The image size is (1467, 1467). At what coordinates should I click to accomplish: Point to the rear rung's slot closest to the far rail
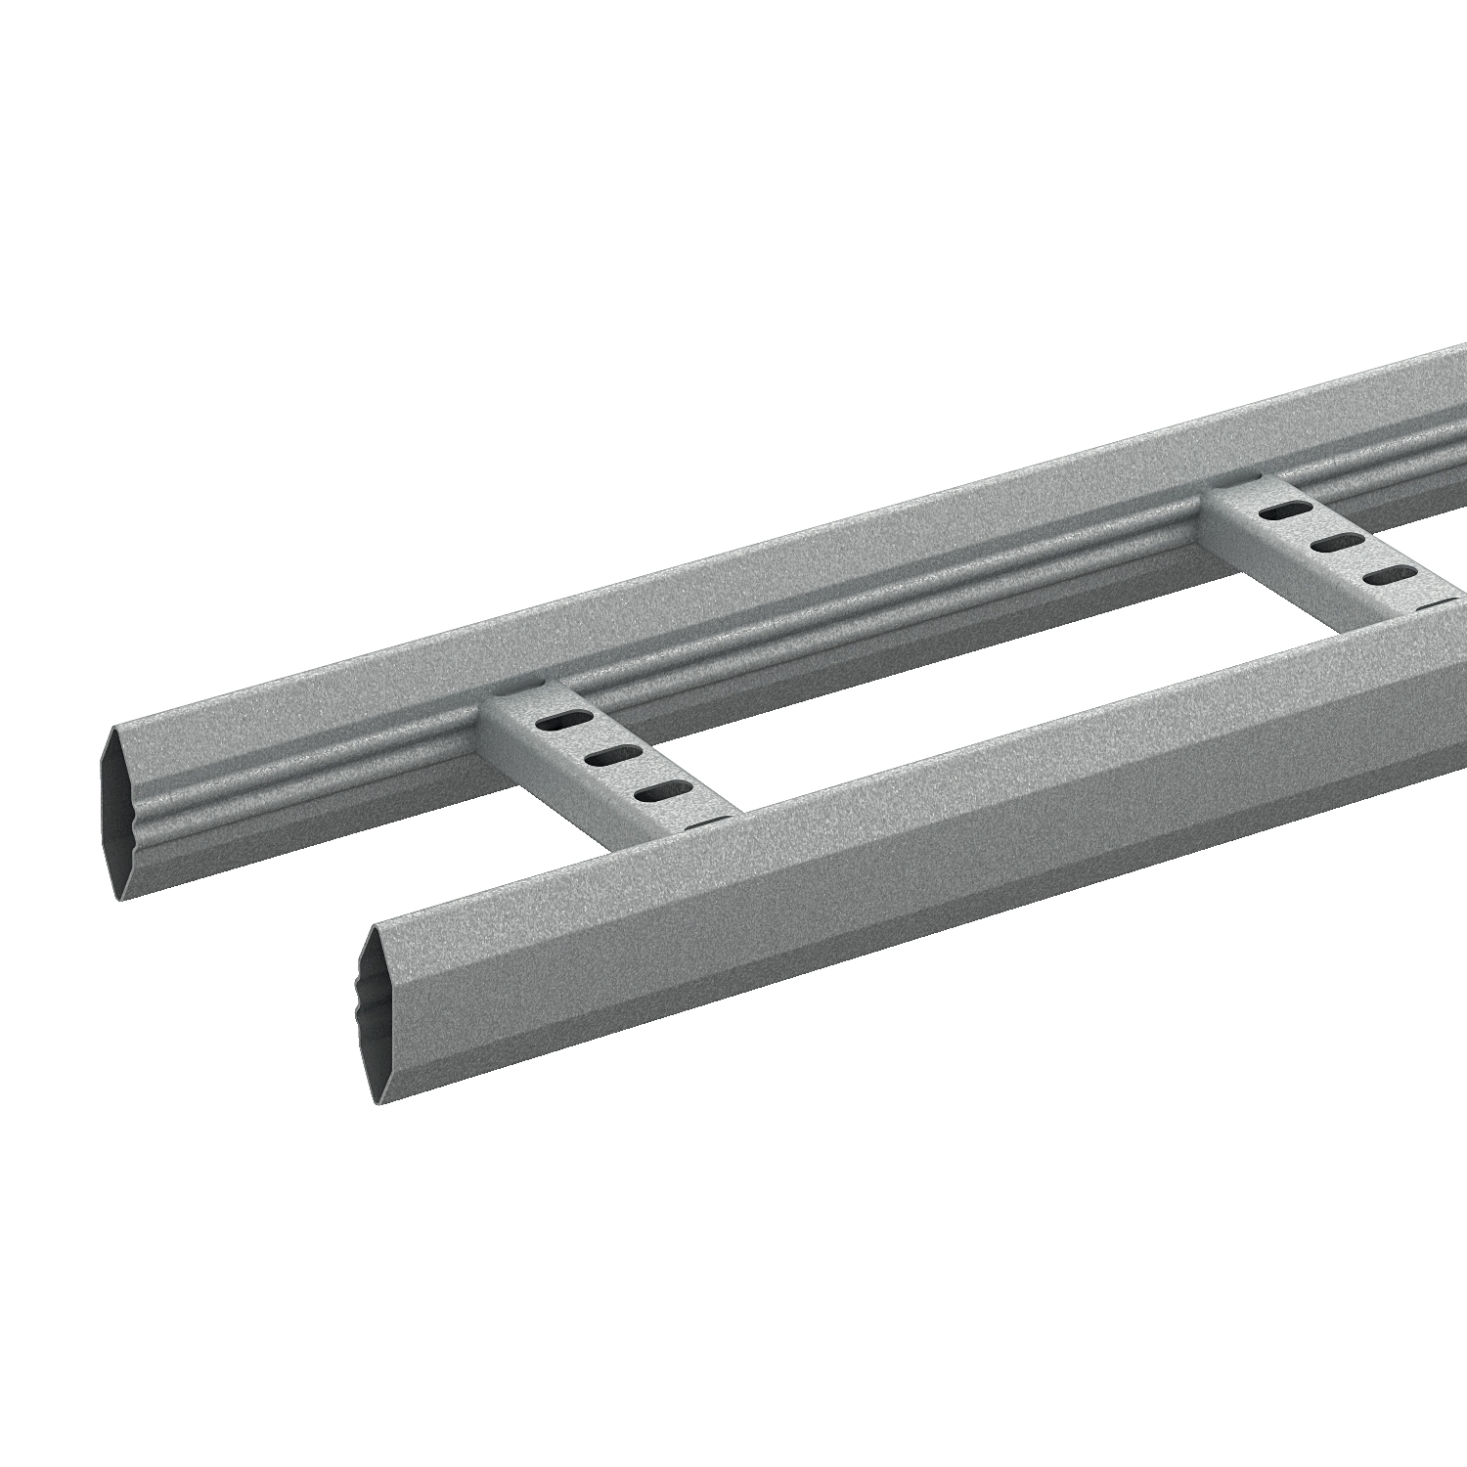tap(1285, 511)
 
